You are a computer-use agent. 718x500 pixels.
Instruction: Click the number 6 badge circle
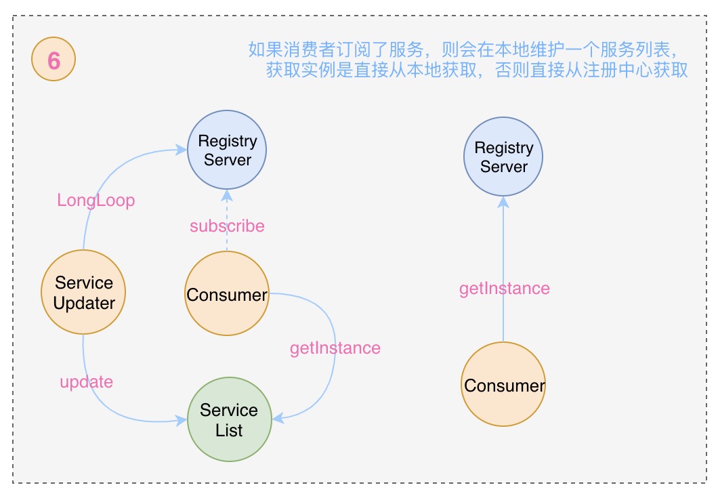[54, 61]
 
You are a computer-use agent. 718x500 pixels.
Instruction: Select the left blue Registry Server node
[227, 150]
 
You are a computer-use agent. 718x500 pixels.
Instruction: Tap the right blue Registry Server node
[503, 157]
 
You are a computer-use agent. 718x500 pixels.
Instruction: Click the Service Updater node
[83, 292]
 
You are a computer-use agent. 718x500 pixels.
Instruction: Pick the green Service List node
[229, 420]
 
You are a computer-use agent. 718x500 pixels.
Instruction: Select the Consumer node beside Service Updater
[227, 295]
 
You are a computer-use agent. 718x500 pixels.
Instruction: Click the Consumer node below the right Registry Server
[504, 385]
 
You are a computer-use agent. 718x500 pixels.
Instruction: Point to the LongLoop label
[96, 201]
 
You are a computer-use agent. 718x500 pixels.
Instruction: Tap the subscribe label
[227, 226]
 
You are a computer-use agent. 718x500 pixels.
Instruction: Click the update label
[86, 381]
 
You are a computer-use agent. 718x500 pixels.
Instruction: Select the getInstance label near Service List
[335, 348]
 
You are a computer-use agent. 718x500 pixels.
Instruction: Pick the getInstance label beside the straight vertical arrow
[504, 289]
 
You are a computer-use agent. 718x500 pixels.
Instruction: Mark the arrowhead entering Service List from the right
[277, 419]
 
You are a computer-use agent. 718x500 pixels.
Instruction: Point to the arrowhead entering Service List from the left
[181, 421]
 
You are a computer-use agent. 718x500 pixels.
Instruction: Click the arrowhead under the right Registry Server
[503, 202]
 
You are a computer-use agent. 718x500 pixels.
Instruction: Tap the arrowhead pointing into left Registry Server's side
[182, 147]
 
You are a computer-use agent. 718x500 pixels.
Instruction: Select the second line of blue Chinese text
[477, 70]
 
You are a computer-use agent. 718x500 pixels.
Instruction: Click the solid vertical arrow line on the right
[503, 318]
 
